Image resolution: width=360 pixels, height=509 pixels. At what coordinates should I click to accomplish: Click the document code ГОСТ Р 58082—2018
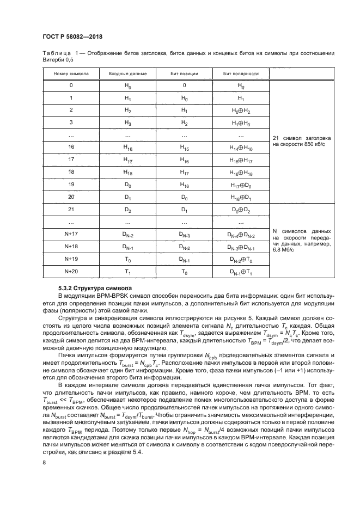click(72, 36)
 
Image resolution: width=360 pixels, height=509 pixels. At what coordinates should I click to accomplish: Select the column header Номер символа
click(71, 73)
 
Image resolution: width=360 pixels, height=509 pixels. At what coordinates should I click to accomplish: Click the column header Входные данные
click(127, 73)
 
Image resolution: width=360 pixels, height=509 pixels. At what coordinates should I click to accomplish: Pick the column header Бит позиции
click(184, 73)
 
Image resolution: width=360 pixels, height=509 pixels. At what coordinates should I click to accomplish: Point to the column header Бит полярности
click(241, 73)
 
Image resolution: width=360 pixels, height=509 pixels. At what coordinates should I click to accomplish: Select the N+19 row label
click(71, 259)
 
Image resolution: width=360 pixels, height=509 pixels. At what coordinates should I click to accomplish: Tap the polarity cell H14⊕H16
click(241, 148)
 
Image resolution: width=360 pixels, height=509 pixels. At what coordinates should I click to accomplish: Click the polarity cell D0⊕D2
click(241, 210)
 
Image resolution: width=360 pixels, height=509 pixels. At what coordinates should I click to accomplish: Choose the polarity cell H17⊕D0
click(241, 185)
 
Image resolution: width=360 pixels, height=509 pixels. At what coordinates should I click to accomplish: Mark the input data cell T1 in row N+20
click(127, 272)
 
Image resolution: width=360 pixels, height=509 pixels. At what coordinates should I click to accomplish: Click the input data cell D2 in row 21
click(127, 210)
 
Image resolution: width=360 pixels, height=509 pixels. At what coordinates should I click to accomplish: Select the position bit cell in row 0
click(184, 85)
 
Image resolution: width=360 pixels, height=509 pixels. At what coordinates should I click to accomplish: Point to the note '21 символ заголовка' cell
click(302, 142)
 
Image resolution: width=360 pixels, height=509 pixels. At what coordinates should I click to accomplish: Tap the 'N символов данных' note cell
click(302, 241)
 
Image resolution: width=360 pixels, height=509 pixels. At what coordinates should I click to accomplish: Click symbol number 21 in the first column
click(71, 210)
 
